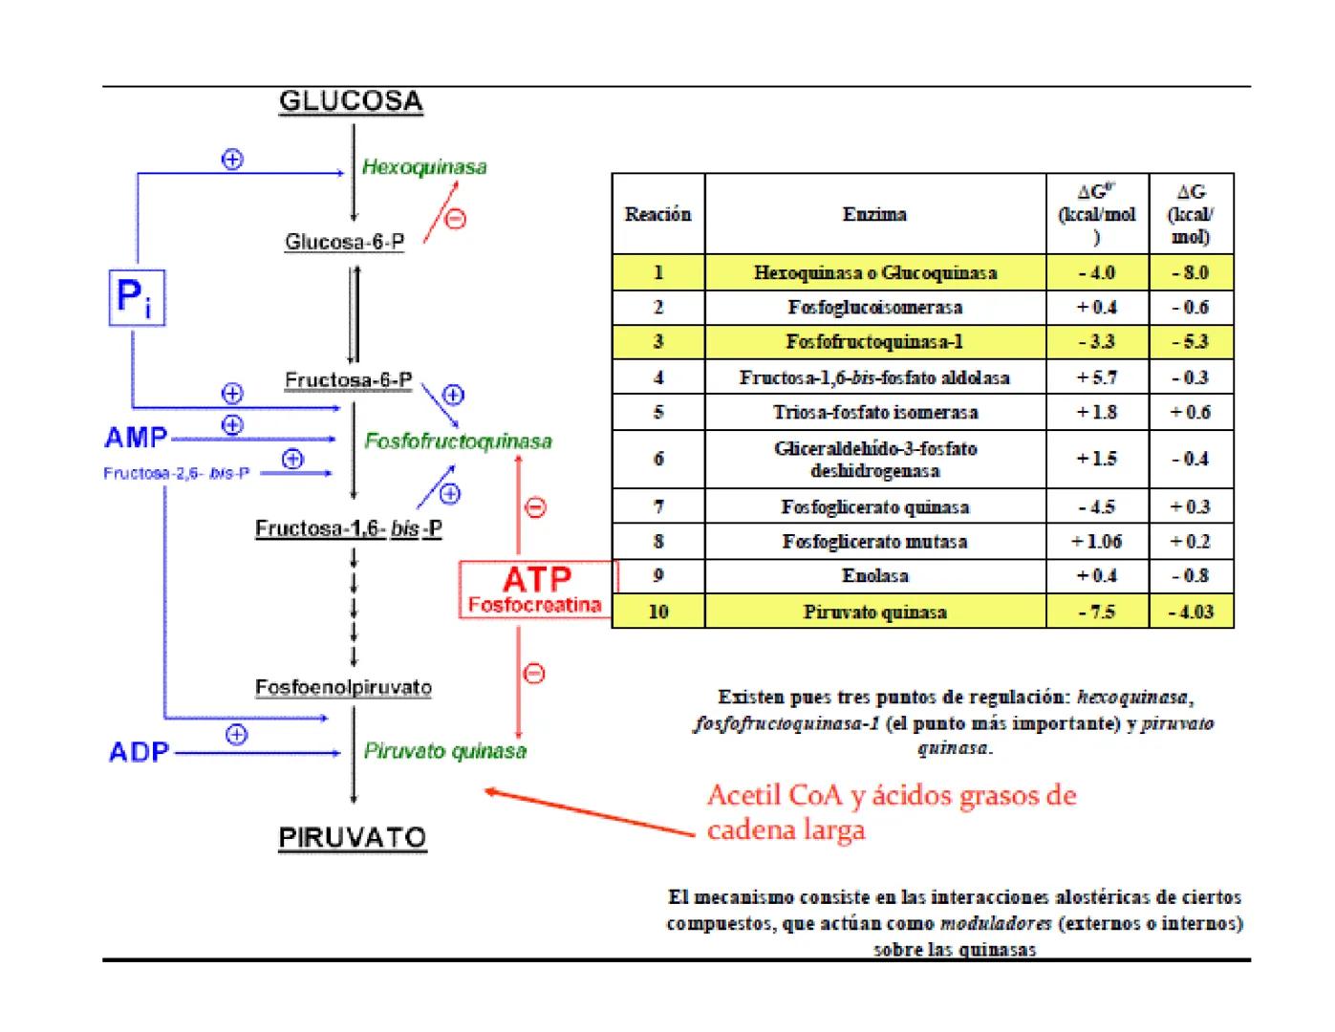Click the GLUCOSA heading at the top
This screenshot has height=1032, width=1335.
tap(351, 101)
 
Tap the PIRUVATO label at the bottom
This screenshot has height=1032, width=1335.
tap(353, 838)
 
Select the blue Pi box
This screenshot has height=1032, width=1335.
tap(138, 297)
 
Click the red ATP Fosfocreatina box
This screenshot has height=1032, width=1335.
tap(536, 590)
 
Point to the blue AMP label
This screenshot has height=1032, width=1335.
tap(136, 439)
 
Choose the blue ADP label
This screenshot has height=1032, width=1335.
tap(139, 752)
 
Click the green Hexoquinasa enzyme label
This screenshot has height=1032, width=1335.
tap(424, 167)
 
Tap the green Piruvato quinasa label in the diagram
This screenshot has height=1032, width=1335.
tap(444, 751)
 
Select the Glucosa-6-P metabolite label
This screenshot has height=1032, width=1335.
tap(344, 242)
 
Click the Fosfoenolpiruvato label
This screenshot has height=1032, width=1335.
tap(343, 688)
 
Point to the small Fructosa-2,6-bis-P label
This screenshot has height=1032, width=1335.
tap(177, 473)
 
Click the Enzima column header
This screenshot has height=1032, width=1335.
tap(874, 214)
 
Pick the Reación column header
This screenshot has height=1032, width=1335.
tap(657, 214)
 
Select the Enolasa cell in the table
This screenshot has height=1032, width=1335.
tap(874, 576)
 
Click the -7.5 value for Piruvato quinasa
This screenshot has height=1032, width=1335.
tap(1097, 612)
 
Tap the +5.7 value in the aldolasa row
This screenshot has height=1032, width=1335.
tap(1097, 377)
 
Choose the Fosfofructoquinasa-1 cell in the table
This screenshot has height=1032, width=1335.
tap(874, 342)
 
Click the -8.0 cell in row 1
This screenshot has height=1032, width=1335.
tap(1191, 272)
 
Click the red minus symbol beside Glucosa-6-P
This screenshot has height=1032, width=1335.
tap(456, 219)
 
